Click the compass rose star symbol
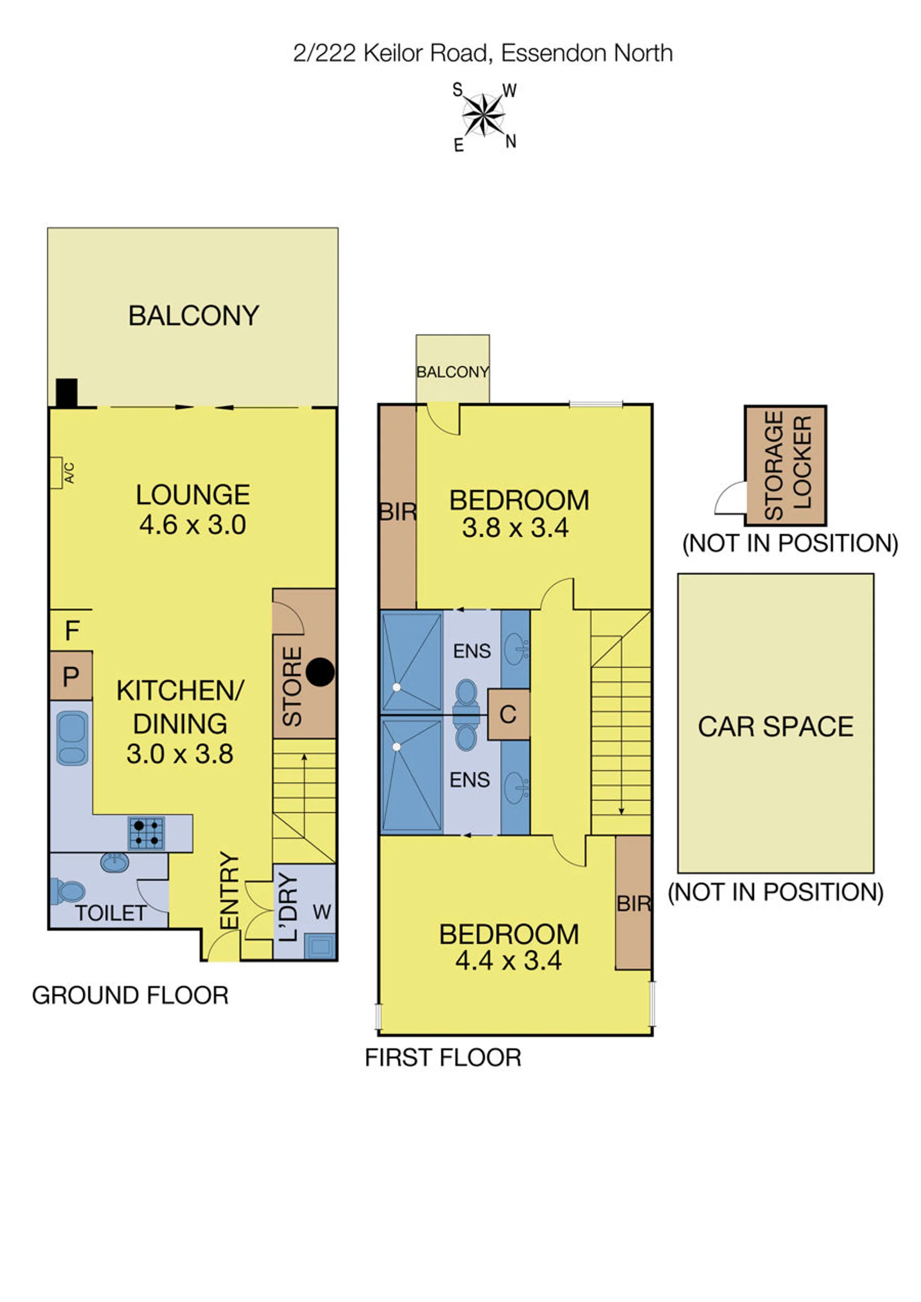[483, 115]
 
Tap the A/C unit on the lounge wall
[56, 472]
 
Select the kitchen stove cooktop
[146, 833]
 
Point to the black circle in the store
[321, 672]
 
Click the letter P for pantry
[71, 676]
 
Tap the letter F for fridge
[72, 630]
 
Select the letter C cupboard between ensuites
[508, 715]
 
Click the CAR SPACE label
[775, 727]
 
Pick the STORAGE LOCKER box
[785, 466]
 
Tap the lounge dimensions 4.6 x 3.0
[193, 525]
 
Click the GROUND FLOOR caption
[131, 995]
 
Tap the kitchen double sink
[72, 739]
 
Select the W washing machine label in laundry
[322, 912]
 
